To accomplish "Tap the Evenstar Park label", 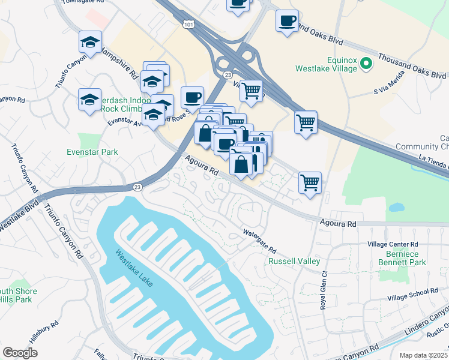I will click(92, 152).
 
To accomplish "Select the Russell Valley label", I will click(294, 262).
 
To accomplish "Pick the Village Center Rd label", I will click(393, 245).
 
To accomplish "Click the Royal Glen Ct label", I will click(323, 289).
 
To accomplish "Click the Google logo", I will click(20, 353).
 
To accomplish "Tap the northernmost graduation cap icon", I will click(90, 43).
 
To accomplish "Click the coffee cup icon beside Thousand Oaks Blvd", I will click(286, 21).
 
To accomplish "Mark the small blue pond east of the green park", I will click(396, 208).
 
